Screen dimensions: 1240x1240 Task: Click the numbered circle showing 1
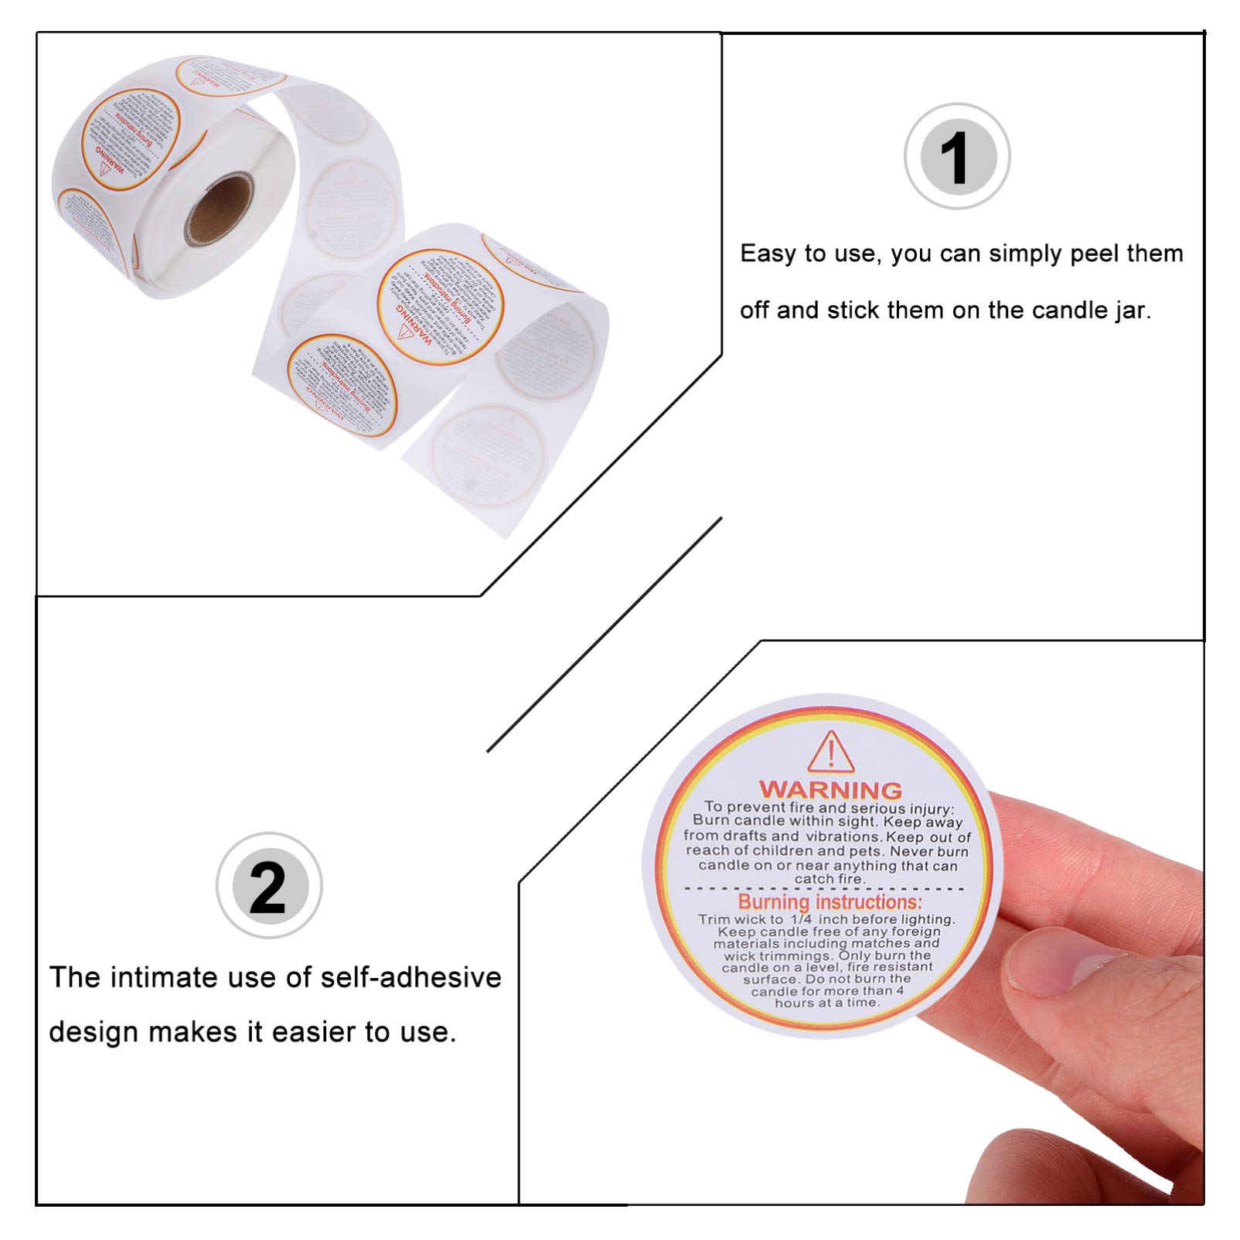click(x=957, y=157)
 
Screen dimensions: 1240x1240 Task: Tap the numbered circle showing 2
click(x=268, y=886)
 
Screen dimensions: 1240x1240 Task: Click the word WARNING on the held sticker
click(x=830, y=789)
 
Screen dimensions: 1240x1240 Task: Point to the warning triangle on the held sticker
click(x=831, y=752)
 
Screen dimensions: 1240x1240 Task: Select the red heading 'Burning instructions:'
click(x=830, y=901)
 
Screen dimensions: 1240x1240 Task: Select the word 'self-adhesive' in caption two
click(x=410, y=977)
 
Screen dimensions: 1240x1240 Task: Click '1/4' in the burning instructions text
click(x=801, y=919)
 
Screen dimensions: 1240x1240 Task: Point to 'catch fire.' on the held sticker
click(x=830, y=879)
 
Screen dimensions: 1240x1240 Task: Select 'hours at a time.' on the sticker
click(x=826, y=1003)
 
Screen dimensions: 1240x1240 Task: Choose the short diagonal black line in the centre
click(x=604, y=635)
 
